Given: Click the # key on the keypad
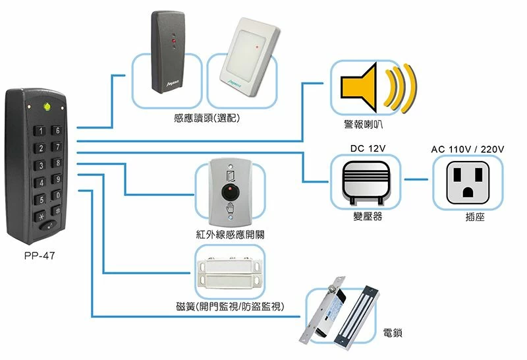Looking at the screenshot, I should tap(58, 212).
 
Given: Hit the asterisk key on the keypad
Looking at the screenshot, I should tap(42, 216).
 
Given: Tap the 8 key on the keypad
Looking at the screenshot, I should tap(58, 162).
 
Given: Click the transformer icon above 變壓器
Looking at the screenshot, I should tap(368, 179).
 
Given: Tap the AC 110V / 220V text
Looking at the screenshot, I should tap(467, 149).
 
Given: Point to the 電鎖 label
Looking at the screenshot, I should tap(393, 333).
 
